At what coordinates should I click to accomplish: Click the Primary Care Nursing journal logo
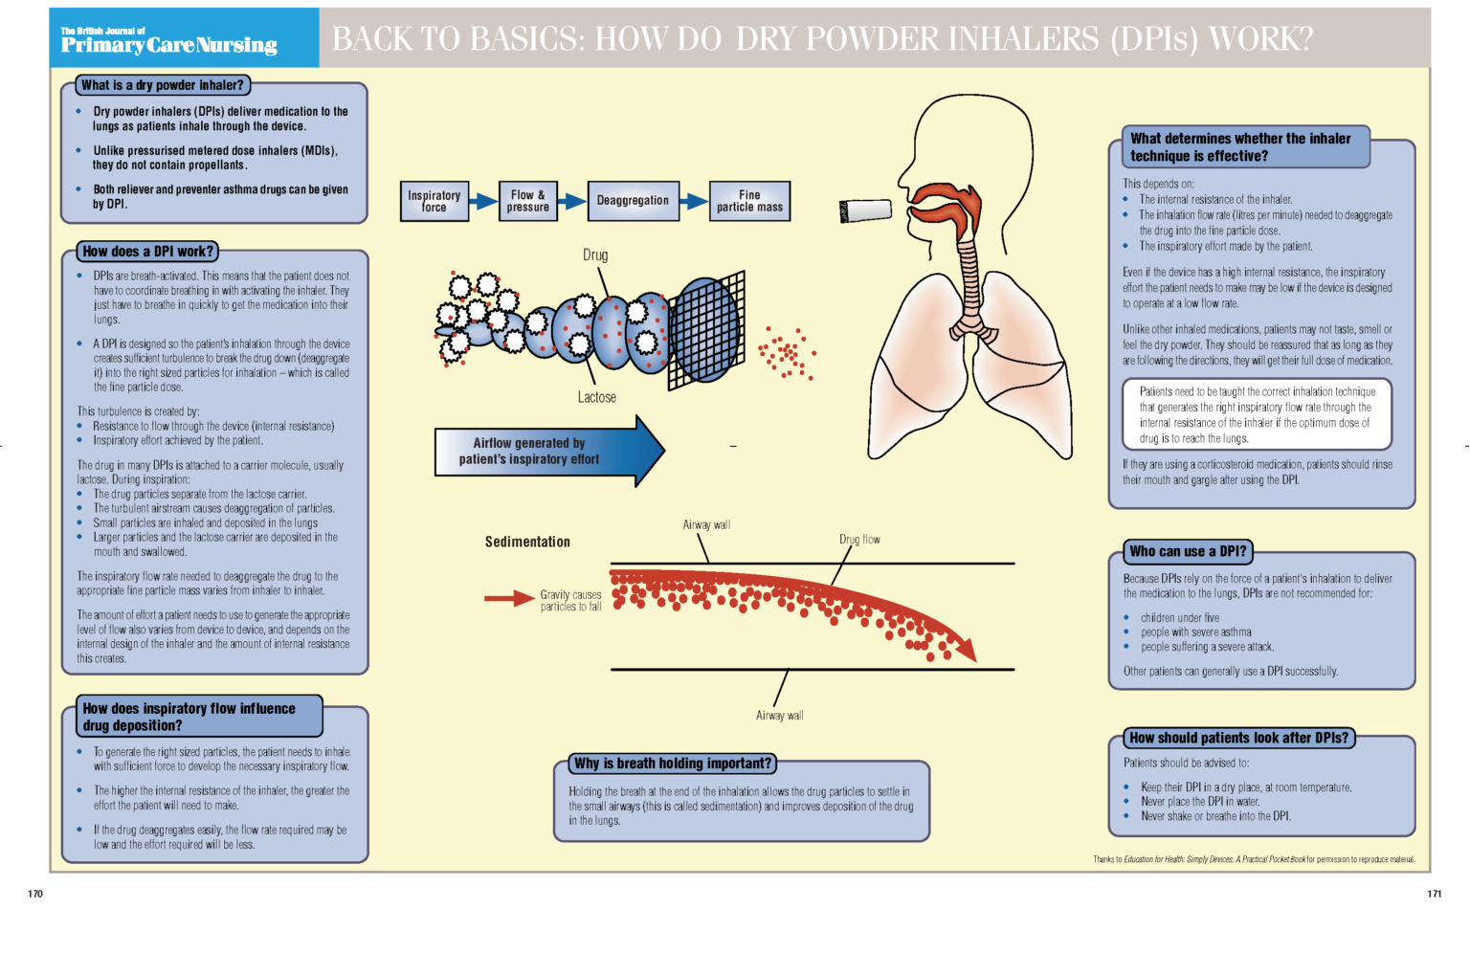[x=169, y=41]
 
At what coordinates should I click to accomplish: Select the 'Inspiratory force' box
[x=434, y=201]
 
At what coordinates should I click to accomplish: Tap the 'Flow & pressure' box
[x=527, y=201]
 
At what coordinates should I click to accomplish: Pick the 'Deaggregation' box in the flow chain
[x=633, y=201]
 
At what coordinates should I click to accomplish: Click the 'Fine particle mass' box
[x=749, y=201]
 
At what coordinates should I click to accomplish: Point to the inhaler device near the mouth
[x=865, y=211]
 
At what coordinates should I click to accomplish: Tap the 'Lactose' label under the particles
[x=596, y=397]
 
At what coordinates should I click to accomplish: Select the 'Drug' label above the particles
[x=595, y=255]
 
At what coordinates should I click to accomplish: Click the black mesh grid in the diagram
[x=708, y=330]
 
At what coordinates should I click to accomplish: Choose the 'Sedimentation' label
[x=527, y=542]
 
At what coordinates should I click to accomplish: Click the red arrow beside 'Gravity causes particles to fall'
[x=508, y=599]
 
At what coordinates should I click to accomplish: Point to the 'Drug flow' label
[x=859, y=540]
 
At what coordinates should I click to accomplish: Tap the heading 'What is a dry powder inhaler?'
[x=163, y=85]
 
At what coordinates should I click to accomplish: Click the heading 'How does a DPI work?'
[x=147, y=252]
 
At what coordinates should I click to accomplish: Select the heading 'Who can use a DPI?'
[x=1188, y=551]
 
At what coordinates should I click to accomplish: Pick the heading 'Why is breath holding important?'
[x=673, y=764]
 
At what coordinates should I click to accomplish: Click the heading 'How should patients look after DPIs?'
[x=1238, y=738]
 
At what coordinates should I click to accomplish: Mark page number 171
[x=1434, y=894]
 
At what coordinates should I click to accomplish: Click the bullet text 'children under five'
[x=1179, y=618]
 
